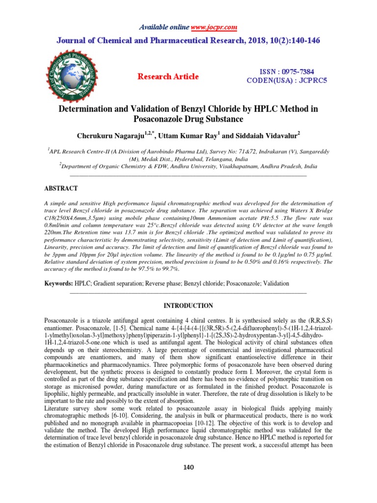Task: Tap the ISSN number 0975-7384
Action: tap(302, 71)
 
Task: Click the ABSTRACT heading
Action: tap(61, 189)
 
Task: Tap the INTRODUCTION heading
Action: tap(188, 306)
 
